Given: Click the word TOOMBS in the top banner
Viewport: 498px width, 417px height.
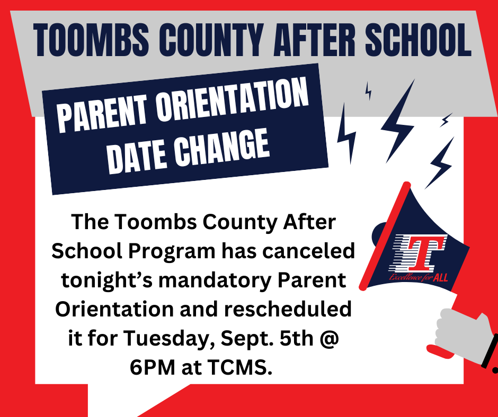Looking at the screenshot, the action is point(91,40).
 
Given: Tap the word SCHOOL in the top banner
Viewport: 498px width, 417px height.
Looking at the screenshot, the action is point(419,40).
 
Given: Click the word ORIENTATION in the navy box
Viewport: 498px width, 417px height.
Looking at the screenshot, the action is point(232,101).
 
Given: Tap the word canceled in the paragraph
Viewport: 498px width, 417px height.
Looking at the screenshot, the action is point(308,251).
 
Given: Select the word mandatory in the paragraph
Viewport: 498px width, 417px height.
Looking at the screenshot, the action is point(215,280).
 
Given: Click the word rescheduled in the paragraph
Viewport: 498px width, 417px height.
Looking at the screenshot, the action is point(288,309).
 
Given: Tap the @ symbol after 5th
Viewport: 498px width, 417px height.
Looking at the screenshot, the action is point(328,339).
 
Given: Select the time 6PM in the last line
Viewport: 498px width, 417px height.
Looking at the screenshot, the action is point(153,367).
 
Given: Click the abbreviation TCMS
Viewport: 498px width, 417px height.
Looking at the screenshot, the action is point(240,367).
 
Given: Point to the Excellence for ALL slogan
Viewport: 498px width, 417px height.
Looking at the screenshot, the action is point(419,277).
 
